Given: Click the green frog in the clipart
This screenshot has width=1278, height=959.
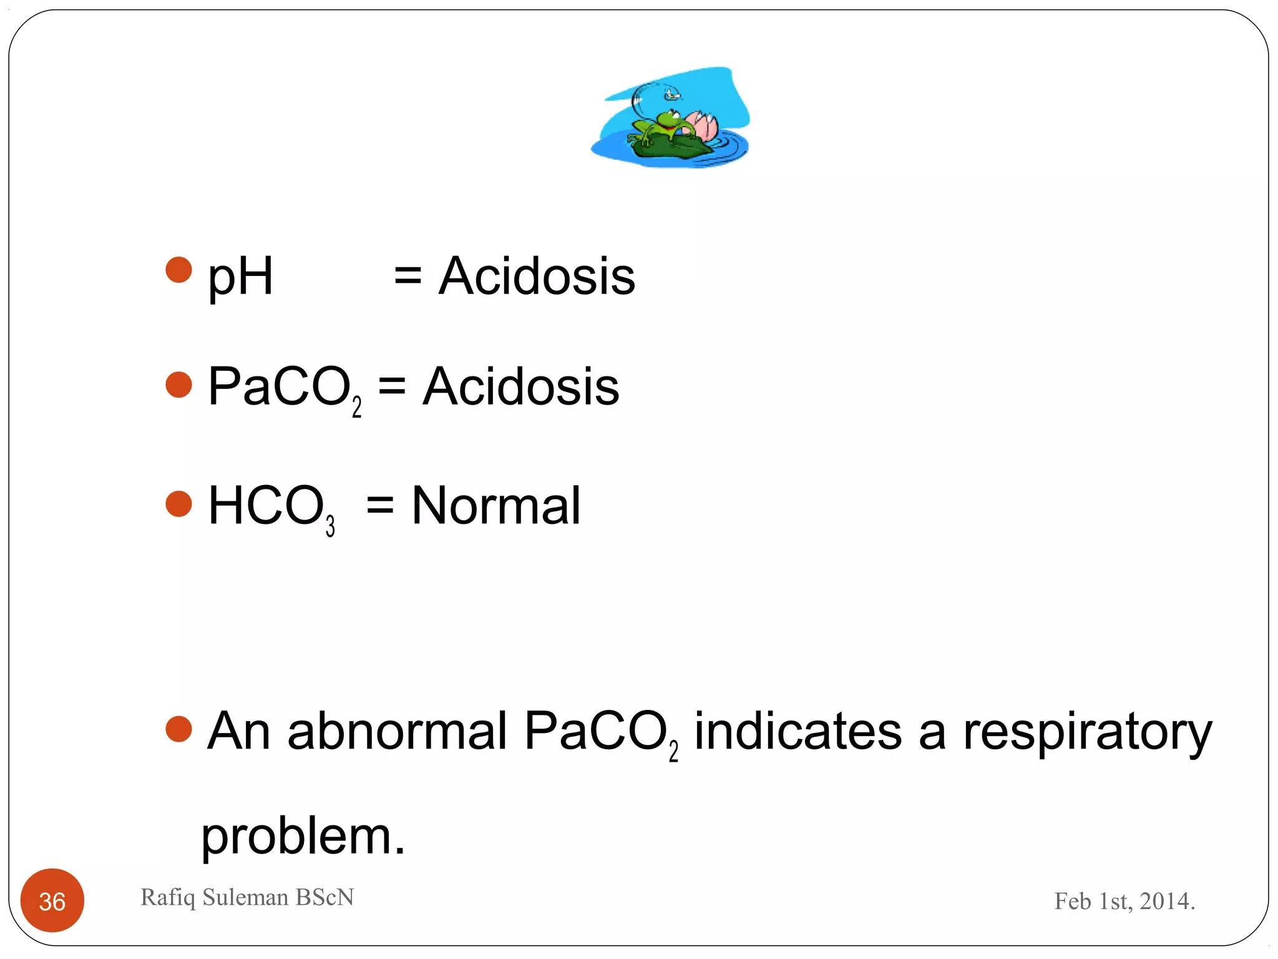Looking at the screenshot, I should tap(664, 125).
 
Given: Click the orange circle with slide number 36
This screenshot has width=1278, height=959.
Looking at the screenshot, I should tap(52, 900).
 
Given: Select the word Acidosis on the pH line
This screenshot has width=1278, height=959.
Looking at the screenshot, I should tap(537, 276).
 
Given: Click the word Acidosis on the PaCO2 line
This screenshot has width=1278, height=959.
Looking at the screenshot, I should tap(521, 386).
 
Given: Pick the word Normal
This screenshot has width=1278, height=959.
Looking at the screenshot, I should tap(496, 506).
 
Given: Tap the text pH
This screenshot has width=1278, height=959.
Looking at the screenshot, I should tap(240, 277).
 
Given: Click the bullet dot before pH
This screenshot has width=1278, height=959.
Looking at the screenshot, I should tap(179, 270).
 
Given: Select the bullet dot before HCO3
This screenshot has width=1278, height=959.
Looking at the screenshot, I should tap(179, 504).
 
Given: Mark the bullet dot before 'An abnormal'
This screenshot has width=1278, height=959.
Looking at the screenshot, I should tap(179, 729).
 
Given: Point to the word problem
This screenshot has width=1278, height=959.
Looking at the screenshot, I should tap(303, 837).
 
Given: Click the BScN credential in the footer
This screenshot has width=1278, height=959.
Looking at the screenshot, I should tap(324, 897).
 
